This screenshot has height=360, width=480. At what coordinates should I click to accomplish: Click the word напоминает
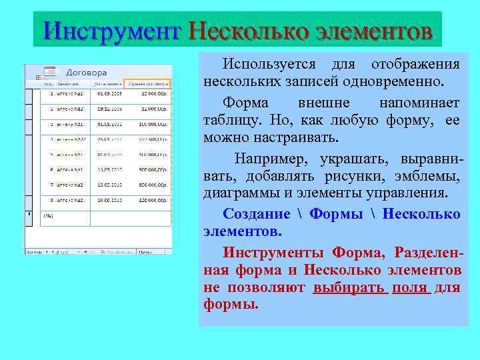(419, 103)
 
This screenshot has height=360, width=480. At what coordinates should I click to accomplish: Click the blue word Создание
(257, 214)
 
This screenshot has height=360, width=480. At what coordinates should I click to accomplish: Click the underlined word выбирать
(350, 287)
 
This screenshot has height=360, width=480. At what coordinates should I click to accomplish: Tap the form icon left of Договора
(50, 71)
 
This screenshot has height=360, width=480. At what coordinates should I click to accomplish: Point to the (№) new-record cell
(49, 215)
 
